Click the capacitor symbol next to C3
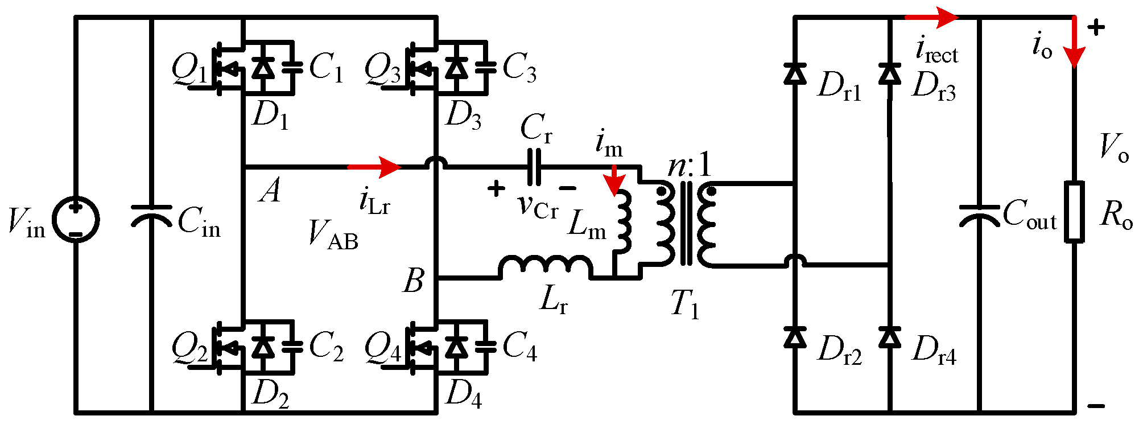[485, 67]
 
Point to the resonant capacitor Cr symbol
[534, 167]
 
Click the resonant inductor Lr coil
[545, 266]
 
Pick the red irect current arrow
[931, 18]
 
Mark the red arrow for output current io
[1075, 43]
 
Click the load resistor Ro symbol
[1074, 212]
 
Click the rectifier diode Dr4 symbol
[890, 337]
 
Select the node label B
[414, 281]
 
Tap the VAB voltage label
[333, 234]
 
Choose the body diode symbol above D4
[455, 346]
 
